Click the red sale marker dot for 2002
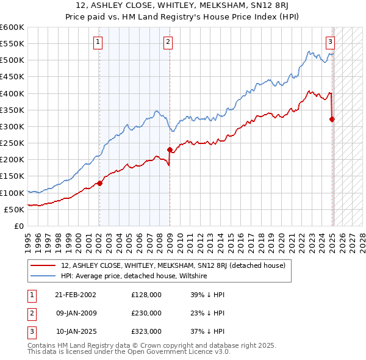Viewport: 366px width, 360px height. [x=99, y=183]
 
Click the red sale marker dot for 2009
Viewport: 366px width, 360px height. [x=170, y=149]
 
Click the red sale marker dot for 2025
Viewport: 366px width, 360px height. [x=332, y=119]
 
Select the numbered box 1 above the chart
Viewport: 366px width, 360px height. [x=98, y=42]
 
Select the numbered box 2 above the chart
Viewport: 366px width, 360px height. [x=168, y=42]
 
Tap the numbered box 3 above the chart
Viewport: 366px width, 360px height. [x=330, y=42]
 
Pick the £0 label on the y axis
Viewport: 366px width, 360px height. [x=19, y=226]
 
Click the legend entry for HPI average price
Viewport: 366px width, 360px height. [x=134, y=276]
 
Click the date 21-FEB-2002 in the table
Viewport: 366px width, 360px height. [x=75, y=294]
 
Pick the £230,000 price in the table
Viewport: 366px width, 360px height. [x=146, y=313]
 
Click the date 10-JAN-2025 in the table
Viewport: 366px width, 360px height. [x=75, y=332]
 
